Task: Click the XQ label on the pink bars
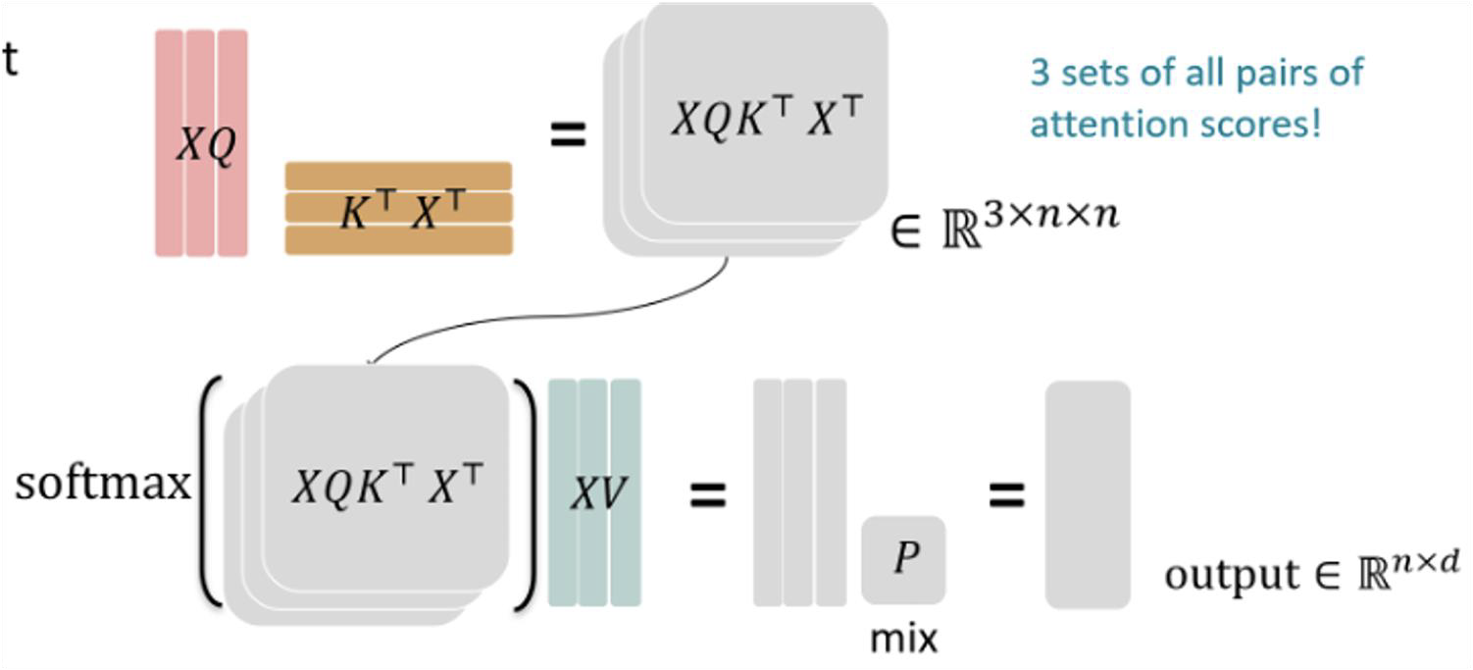tap(206, 144)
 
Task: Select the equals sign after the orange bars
tap(568, 134)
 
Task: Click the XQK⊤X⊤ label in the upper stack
tap(767, 117)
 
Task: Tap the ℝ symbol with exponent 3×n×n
tap(961, 231)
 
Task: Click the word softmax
tap(103, 485)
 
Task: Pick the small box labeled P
tap(903, 559)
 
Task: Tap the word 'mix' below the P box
tap(903, 639)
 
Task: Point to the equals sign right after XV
tap(707, 494)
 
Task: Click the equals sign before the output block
tap(1007, 494)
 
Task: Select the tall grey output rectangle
tap(1088, 494)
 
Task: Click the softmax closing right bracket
tap(526, 494)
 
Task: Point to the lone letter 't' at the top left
tap(10, 61)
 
